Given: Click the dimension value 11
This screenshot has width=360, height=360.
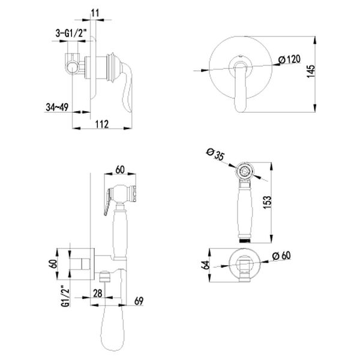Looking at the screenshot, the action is [x=95, y=13].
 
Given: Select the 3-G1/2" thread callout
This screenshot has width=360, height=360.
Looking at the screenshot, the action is [x=71, y=33].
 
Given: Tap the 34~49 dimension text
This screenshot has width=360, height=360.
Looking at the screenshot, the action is [x=57, y=107].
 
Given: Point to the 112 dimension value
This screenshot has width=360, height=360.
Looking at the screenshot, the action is [x=102, y=124].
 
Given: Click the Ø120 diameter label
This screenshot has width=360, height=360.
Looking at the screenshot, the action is [x=289, y=59].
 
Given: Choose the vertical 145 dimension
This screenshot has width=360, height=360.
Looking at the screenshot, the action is [x=311, y=71].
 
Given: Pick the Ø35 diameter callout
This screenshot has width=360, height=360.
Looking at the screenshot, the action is [x=215, y=154].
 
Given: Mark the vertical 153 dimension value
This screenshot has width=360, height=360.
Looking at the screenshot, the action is [x=267, y=202].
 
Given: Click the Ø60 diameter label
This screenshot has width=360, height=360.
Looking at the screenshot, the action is [x=281, y=256].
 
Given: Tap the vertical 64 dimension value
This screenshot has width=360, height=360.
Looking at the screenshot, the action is [x=205, y=265].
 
